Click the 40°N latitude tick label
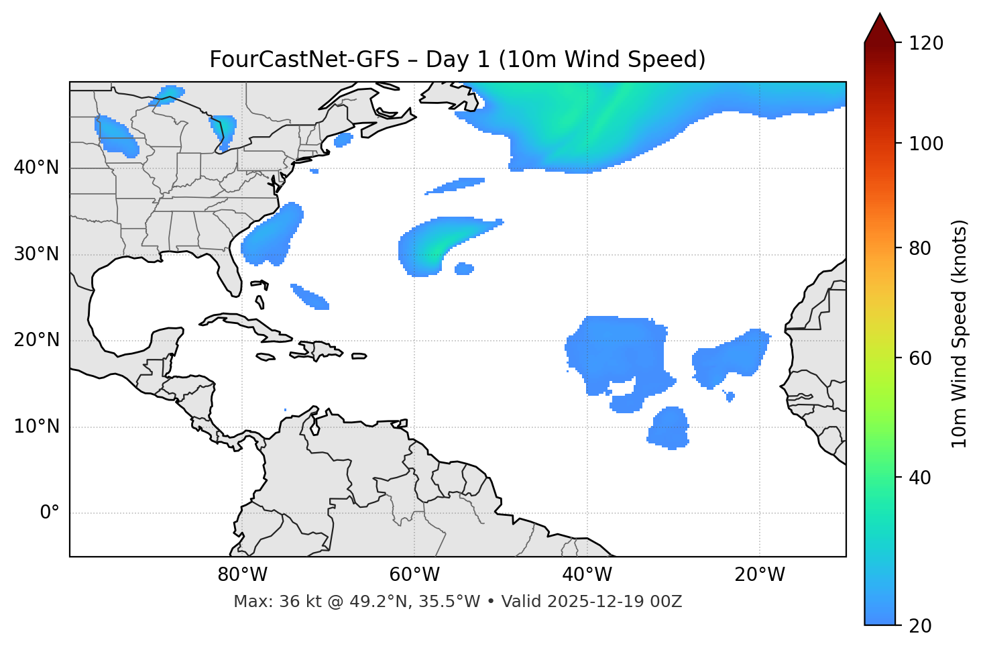pos(36,168)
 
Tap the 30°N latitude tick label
pos(36,254)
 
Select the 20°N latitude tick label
pos(36,340)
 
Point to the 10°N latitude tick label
pos(36,427)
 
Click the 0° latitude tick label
pos(50,513)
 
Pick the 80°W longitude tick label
pos(242,575)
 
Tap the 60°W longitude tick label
pos(414,575)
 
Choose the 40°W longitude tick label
pos(587,575)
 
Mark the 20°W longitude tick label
pos(759,575)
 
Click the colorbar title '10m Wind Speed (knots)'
pos(960,333)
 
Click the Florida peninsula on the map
pos(229,275)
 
